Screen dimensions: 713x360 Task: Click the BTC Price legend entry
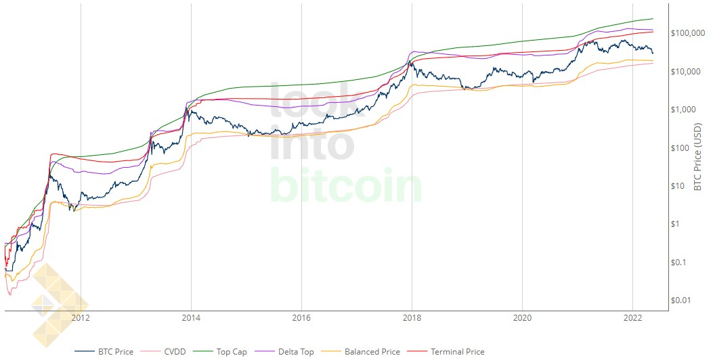pyautogui.click(x=104, y=352)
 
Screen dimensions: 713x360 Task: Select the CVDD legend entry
pyautogui.click(x=163, y=352)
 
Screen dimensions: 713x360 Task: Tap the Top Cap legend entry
pyautogui.click(x=220, y=352)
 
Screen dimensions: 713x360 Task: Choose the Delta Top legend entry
pyautogui.click(x=284, y=352)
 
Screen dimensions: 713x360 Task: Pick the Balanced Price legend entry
pyautogui.click(x=361, y=352)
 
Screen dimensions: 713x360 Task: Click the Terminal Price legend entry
pyautogui.click(x=446, y=352)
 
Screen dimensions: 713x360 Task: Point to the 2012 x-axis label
pyautogui.click(x=81, y=318)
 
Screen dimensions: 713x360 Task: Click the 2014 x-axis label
pyautogui.click(x=191, y=318)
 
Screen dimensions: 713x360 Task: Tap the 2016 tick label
pyautogui.click(x=301, y=318)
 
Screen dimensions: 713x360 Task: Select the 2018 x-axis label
pyautogui.click(x=412, y=318)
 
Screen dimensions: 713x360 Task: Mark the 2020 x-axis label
pyautogui.click(x=522, y=318)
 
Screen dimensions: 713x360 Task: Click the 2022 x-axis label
pyautogui.click(x=632, y=318)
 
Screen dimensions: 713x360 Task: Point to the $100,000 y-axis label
pyautogui.click(x=688, y=33)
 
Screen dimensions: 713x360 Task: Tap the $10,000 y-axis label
pyautogui.click(x=686, y=71)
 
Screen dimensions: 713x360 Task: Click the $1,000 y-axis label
pyautogui.click(x=683, y=110)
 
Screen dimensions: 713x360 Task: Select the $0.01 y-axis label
pyautogui.click(x=680, y=300)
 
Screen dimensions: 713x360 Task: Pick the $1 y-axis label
pyautogui.click(x=675, y=223)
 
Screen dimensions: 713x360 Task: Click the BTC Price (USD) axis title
pyautogui.click(x=697, y=156)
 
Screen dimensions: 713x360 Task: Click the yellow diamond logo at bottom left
pyautogui.click(x=59, y=305)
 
